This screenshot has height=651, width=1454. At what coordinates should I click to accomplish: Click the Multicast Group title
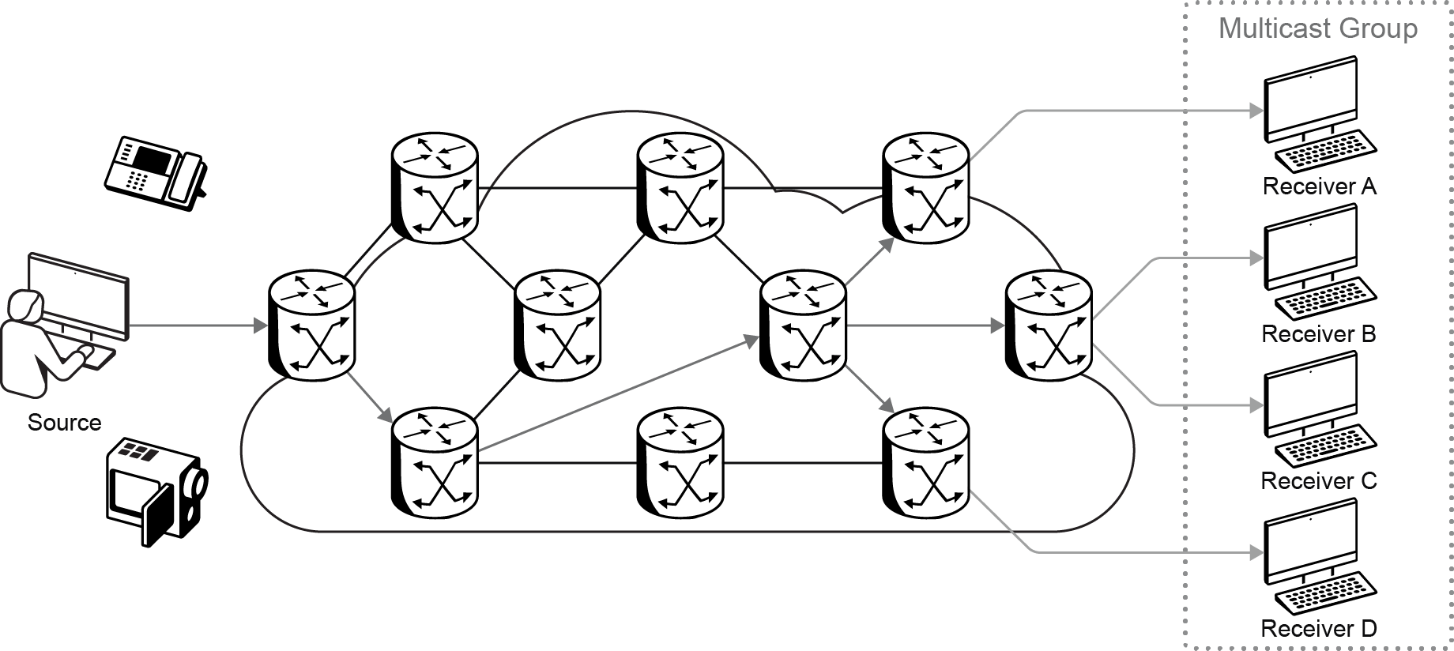coord(1317,28)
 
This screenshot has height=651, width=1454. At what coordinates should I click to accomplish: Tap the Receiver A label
coord(1319,186)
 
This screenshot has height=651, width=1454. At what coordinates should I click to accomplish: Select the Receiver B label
coord(1318,334)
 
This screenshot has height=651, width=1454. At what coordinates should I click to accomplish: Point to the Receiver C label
coord(1318,480)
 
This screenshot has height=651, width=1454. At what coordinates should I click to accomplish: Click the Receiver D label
coord(1318,629)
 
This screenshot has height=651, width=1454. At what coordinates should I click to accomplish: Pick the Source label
coord(64,423)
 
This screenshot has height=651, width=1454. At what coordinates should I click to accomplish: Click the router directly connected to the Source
coord(311,325)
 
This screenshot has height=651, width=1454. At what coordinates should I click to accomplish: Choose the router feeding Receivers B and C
coord(1048,325)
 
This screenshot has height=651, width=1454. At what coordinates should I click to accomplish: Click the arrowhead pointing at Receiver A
coord(1256,111)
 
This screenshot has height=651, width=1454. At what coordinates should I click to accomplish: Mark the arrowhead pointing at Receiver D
coord(1256,552)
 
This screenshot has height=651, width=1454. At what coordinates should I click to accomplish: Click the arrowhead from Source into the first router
coord(260,325)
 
